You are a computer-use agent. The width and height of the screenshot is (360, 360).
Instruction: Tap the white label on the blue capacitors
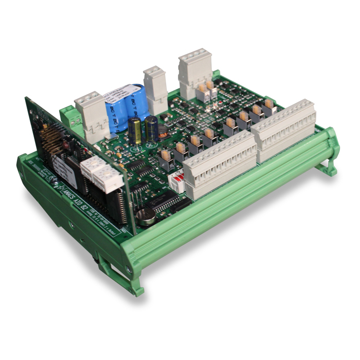coord(120,95)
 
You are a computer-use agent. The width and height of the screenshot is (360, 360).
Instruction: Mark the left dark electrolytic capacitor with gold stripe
coord(135,131)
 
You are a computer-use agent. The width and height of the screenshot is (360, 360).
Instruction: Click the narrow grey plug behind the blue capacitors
coord(155,87)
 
